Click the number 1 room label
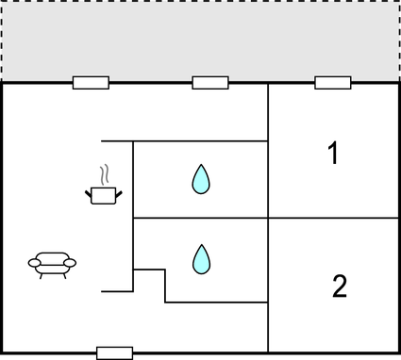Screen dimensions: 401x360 pyautogui.click(x=332, y=155)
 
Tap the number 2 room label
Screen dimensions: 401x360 pyautogui.click(x=340, y=286)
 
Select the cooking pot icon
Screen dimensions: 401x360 pyautogui.click(x=104, y=195)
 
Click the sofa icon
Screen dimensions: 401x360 pyautogui.click(x=53, y=265)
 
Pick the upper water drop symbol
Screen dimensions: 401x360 pyautogui.click(x=200, y=179)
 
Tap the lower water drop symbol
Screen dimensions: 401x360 pyautogui.click(x=200, y=259)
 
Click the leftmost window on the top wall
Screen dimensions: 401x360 pyautogui.click(x=91, y=83)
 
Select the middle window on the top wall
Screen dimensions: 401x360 pyautogui.click(x=210, y=83)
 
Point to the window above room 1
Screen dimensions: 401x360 pyautogui.click(x=333, y=83)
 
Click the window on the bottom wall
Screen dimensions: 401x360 pyautogui.click(x=115, y=352)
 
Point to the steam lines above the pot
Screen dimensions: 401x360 pyautogui.click(x=107, y=174)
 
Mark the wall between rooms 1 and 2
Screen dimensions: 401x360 pyautogui.click(x=333, y=219)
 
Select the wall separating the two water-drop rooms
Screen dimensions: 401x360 pyautogui.click(x=200, y=219)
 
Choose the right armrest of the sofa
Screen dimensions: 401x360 pyautogui.click(x=72, y=263)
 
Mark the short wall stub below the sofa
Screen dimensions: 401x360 pyautogui.click(x=116, y=291)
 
